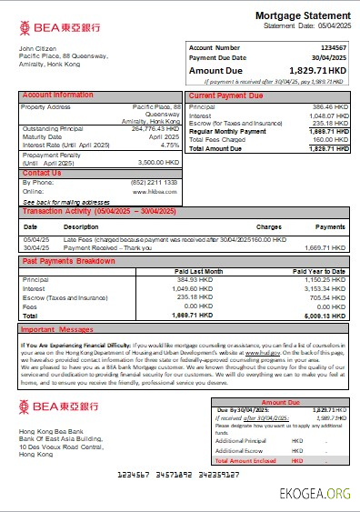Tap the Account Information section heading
point(57,95)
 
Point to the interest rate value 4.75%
point(169,145)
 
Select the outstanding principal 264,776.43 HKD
point(155,128)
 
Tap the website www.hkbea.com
point(160,192)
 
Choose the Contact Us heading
point(42,173)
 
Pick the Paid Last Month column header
point(198,271)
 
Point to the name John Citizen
point(37,47)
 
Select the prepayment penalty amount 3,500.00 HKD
point(157,163)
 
